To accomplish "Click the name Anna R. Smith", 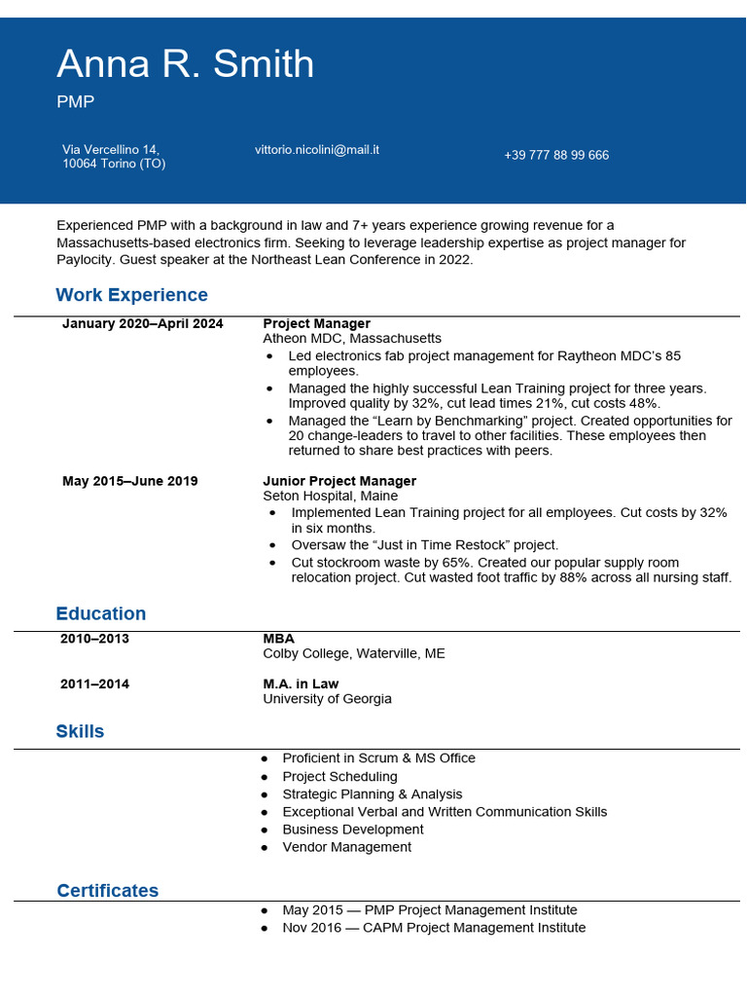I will [186, 64].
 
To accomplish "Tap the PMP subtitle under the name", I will [76, 102].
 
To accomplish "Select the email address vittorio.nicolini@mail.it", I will [317, 150].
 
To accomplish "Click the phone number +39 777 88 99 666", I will [556, 156].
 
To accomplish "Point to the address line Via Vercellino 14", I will [111, 150].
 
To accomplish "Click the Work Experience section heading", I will [132, 295].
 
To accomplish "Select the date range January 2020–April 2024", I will [143, 323].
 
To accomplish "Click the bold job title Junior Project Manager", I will [339, 481].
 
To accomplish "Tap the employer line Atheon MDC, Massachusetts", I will [352, 339].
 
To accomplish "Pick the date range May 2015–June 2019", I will [130, 481].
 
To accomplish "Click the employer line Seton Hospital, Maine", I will [332, 497].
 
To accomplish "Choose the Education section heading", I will [101, 613].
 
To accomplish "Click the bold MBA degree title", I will [278, 639].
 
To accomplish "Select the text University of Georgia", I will [328, 699].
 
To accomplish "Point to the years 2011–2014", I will [95, 683].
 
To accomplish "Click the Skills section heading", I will [80, 731].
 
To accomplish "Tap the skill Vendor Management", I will [346, 847].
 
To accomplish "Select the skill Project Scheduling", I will [339, 777].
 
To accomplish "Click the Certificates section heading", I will [107, 891].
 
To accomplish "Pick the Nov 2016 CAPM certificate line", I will [434, 928].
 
